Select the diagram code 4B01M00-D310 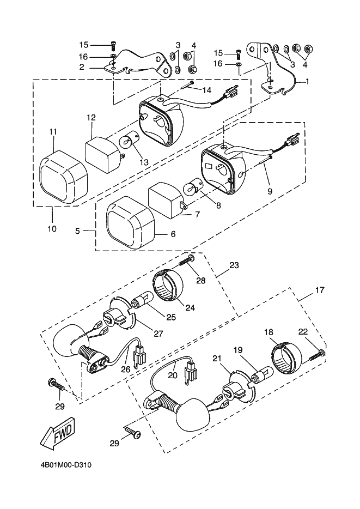66,465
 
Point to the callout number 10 52,228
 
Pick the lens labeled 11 64,177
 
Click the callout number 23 234,265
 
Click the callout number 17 320,290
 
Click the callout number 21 218,359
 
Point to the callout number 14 206,90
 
